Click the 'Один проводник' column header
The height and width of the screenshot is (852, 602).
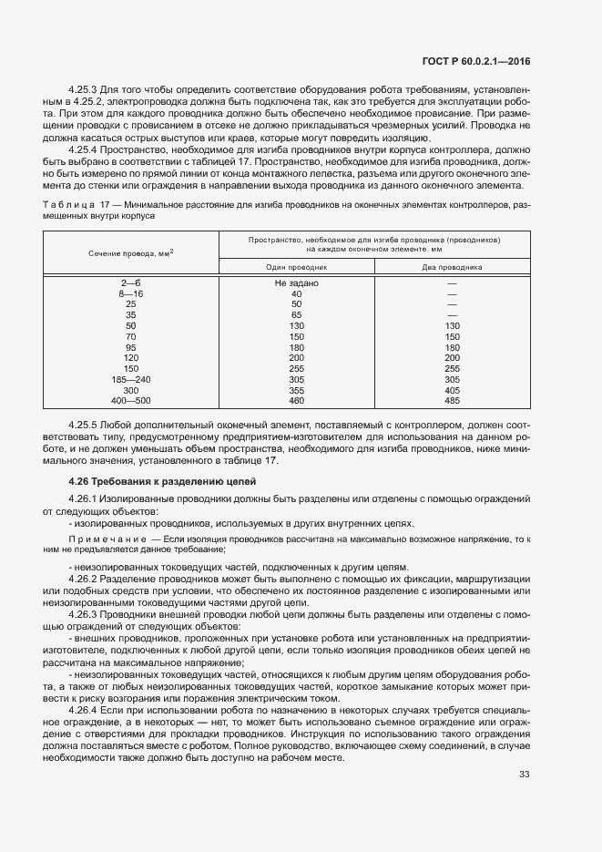click(296, 267)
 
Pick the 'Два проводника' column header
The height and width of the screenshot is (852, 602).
click(452, 267)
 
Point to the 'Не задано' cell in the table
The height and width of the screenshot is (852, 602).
click(296, 283)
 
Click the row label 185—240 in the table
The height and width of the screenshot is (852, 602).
click(131, 379)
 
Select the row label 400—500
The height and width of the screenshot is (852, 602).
click(131, 400)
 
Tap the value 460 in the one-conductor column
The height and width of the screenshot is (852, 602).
click(296, 400)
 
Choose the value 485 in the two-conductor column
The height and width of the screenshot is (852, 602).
click(452, 400)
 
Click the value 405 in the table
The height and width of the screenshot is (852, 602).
click(452, 390)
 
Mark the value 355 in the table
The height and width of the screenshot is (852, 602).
click(296, 390)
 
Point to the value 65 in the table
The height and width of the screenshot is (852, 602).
click(296, 315)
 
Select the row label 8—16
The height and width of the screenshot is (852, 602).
click(131, 294)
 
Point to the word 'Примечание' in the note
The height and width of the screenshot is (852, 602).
click(111, 540)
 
